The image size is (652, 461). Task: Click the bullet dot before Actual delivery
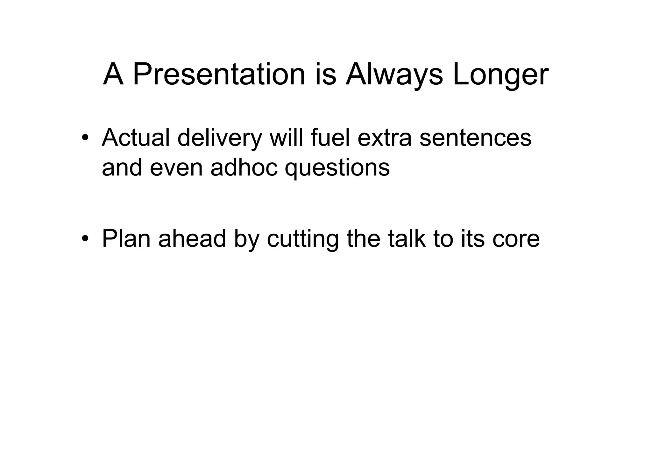pyautogui.click(x=84, y=138)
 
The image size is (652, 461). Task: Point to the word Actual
pyautogui.click(x=136, y=138)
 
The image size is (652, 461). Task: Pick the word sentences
pyautogui.click(x=475, y=138)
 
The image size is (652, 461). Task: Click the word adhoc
pyautogui.click(x=244, y=168)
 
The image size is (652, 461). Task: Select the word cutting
pyautogui.click(x=302, y=239)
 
